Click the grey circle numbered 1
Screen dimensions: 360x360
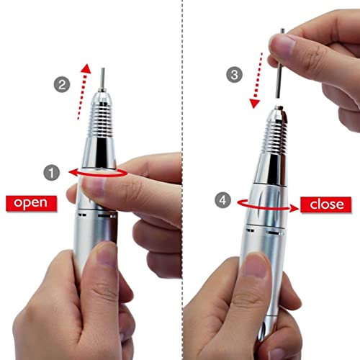51,172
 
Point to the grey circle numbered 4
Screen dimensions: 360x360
223,201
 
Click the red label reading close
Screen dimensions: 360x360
326,204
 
